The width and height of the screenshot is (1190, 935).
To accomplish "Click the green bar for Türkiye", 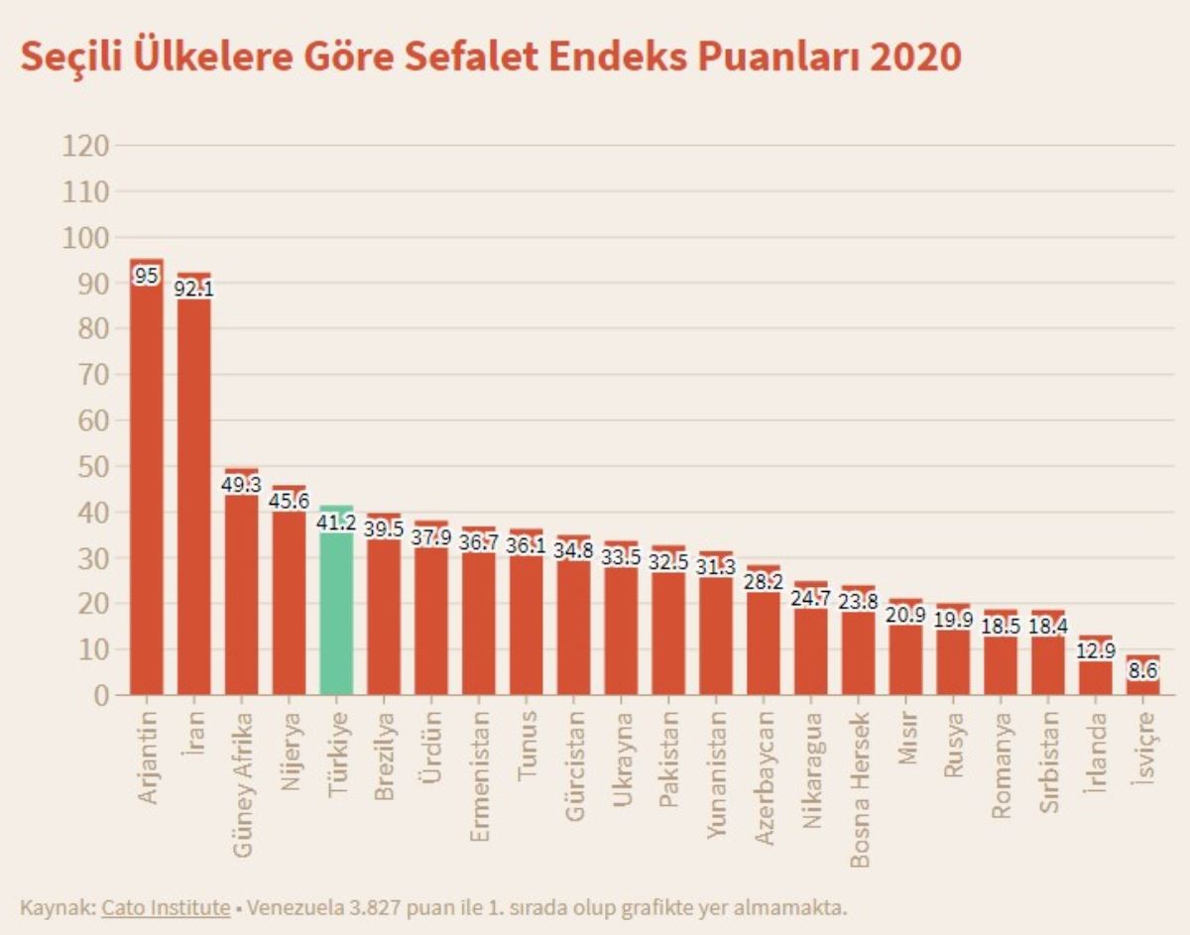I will (x=336, y=605).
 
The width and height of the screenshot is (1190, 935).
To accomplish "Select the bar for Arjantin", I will (x=147, y=486).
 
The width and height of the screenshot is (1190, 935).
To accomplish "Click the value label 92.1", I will (x=194, y=290).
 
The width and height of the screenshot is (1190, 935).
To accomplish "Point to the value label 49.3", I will (x=242, y=486).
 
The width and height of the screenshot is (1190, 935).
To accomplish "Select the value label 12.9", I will (x=1095, y=652).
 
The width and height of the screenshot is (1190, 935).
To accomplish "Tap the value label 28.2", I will (x=764, y=582).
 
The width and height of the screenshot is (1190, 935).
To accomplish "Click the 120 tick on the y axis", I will (x=84, y=146).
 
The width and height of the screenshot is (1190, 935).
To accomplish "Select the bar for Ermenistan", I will (x=479, y=615).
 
